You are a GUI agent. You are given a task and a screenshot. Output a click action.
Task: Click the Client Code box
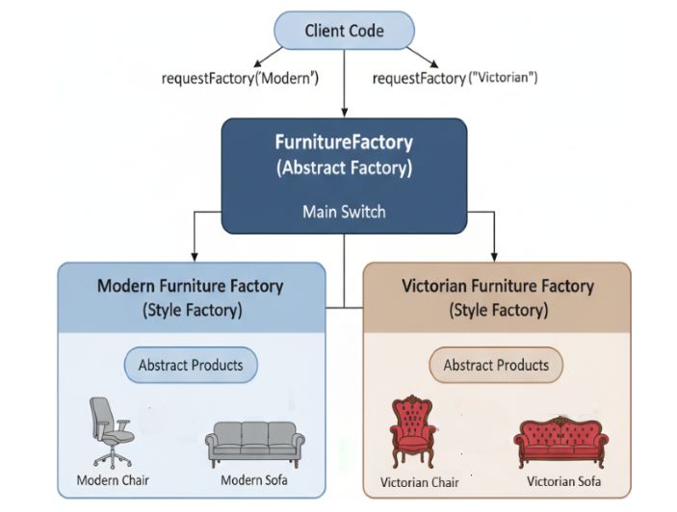click(x=344, y=31)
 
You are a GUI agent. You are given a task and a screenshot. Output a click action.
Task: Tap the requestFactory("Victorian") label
click(x=455, y=77)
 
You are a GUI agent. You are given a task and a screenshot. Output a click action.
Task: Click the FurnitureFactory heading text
click(x=344, y=142)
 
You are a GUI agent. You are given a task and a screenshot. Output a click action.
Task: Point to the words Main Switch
click(x=345, y=211)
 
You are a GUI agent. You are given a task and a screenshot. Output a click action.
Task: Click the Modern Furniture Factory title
click(x=190, y=286)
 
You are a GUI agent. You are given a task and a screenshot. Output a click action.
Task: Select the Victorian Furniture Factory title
click(x=497, y=286)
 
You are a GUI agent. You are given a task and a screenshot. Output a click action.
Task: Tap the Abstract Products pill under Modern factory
click(x=191, y=366)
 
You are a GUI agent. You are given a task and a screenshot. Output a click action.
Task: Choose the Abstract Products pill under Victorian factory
click(x=496, y=366)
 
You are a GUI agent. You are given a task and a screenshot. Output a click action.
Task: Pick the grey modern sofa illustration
click(x=254, y=445)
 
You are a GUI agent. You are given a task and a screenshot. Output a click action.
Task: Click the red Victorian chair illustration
click(x=413, y=431)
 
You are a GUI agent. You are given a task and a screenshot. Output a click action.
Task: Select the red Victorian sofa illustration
click(x=560, y=441)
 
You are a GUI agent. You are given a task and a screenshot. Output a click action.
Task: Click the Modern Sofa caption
click(x=254, y=480)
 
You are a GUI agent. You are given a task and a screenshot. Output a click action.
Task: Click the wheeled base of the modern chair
click(x=114, y=458)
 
